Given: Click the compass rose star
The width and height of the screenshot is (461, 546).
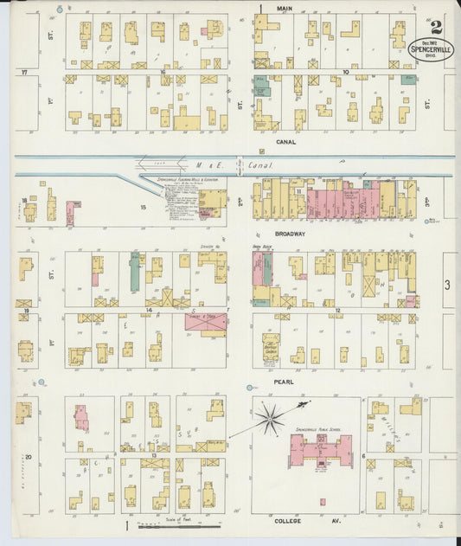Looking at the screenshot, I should pos(271,418).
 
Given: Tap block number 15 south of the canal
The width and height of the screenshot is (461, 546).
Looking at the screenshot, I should pos(144,207).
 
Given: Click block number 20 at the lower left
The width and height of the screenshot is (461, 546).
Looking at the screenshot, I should pos(28,456).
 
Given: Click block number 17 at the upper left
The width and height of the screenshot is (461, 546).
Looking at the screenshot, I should pos(25,73).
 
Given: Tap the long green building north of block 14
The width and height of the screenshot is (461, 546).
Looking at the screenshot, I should pos(135,271).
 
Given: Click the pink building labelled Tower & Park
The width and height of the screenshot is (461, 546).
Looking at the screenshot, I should pos(206,323).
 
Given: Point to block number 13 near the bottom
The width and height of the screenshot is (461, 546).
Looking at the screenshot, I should pos(153,454).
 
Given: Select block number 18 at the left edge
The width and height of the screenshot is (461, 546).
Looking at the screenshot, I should pos(23,201).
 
